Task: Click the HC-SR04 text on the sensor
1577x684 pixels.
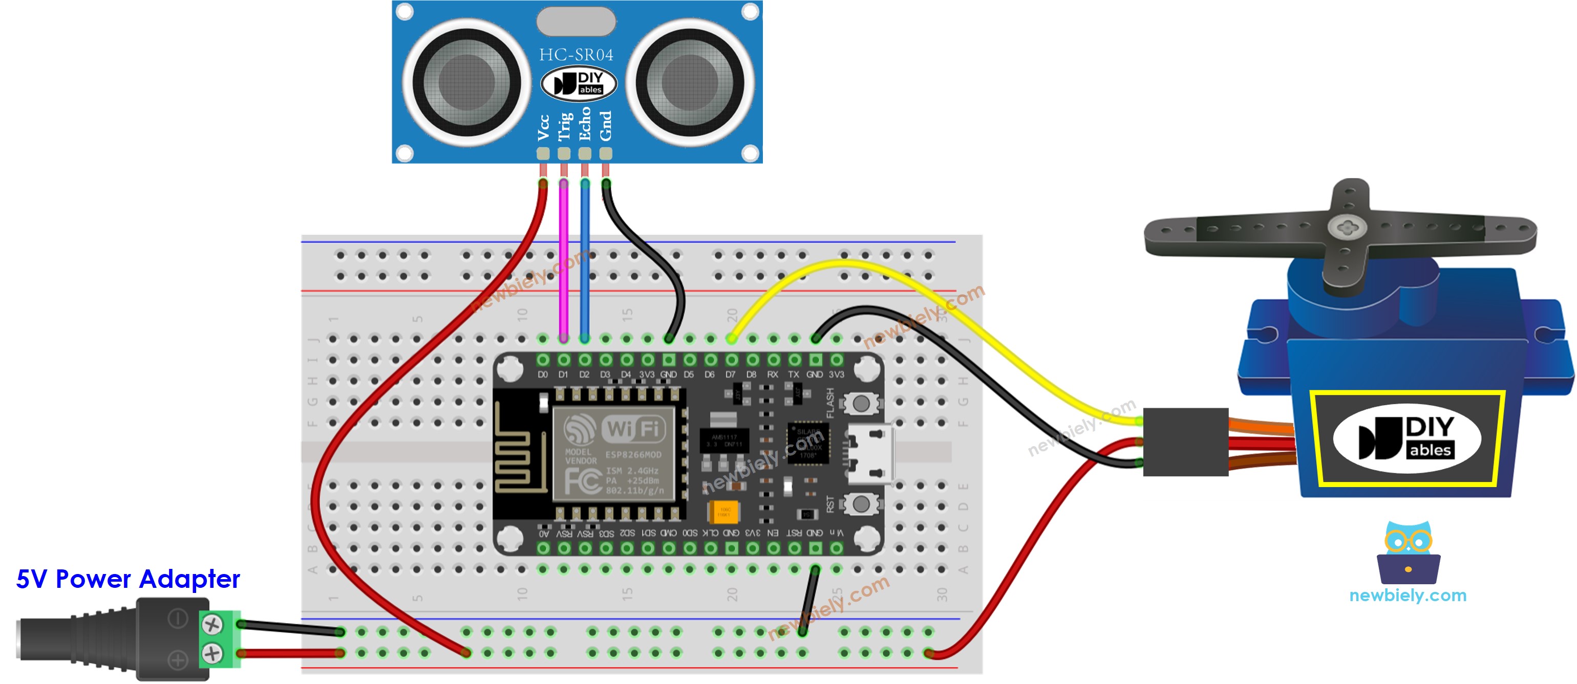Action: click(576, 55)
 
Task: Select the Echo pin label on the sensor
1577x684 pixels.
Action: click(585, 124)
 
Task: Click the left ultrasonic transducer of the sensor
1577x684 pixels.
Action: click(466, 82)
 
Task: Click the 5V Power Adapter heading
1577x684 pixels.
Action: click(128, 579)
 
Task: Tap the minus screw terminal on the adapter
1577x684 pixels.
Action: click(212, 625)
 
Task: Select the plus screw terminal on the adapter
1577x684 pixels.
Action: click(212, 653)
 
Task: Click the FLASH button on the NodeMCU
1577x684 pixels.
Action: click(861, 403)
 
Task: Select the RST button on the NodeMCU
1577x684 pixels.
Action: click(861, 504)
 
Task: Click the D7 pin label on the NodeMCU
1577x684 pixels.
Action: click(730, 374)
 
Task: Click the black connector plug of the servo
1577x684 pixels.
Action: click(1185, 442)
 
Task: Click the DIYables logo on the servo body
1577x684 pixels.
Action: click(1407, 438)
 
